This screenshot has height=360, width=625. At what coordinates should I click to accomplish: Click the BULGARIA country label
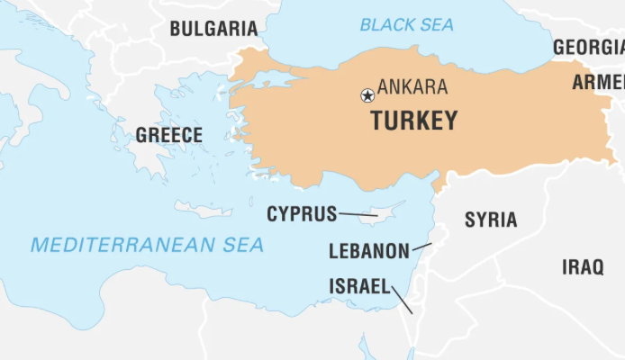click(x=213, y=28)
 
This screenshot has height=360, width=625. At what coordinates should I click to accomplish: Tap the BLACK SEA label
click(x=407, y=24)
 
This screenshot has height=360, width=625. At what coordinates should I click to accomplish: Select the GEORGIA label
click(x=588, y=47)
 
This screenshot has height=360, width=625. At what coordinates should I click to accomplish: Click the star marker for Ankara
click(x=367, y=94)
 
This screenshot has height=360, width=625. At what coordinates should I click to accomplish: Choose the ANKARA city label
click(x=412, y=87)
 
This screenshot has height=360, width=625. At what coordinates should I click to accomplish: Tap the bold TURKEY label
click(x=414, y=121)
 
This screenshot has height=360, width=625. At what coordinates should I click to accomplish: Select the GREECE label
click(x=169, y=136)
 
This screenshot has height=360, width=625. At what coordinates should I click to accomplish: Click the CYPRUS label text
click(x=302, y=214)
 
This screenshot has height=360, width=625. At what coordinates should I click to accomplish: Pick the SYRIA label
click(x=491, y=220)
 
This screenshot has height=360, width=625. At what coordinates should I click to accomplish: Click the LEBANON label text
click(x=369, y=251)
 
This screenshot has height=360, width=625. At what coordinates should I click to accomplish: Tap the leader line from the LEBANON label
click(x=421, y=246)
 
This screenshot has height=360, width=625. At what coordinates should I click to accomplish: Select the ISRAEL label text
click(x=359, y=286)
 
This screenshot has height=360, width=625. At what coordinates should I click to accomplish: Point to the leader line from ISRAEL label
click(x=403, y=300)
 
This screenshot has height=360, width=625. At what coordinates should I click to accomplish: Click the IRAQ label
click(x=583, y=267)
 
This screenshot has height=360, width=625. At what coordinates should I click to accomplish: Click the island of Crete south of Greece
click(x=204, y=210)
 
